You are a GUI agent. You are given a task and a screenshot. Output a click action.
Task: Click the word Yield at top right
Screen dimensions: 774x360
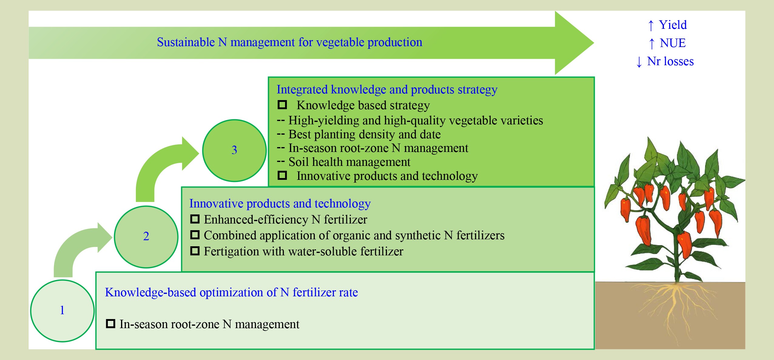tap(673, 25)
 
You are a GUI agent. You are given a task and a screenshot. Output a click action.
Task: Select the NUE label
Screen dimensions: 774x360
tap(673, 43)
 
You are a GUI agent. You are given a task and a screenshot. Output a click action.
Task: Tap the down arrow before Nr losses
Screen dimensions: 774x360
tap(639, 62)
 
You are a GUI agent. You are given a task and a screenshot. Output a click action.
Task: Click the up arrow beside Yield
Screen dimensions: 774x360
tap(651, 25)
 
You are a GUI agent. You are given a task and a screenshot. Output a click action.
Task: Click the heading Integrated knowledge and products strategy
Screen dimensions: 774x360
tap(387, 89)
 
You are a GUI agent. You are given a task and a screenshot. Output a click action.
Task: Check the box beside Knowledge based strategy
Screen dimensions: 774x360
tap(282, 105)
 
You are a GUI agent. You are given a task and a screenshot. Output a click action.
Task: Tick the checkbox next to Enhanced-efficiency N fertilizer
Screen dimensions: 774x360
tap(195, 219)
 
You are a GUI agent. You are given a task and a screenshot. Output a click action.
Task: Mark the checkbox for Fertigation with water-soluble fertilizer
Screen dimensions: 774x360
tap(195, 251)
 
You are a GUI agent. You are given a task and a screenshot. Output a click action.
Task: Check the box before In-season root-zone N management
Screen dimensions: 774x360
tap(110, 324)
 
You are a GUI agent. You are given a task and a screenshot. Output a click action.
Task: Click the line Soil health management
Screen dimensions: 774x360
tap(349, 162)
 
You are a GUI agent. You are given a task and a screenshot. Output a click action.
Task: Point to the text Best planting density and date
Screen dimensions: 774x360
tap(365, 134)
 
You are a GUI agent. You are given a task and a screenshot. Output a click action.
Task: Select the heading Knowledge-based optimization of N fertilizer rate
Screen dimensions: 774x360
tap(231, 292)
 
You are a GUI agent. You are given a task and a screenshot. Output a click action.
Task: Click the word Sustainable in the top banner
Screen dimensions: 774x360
tap(186, 42)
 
